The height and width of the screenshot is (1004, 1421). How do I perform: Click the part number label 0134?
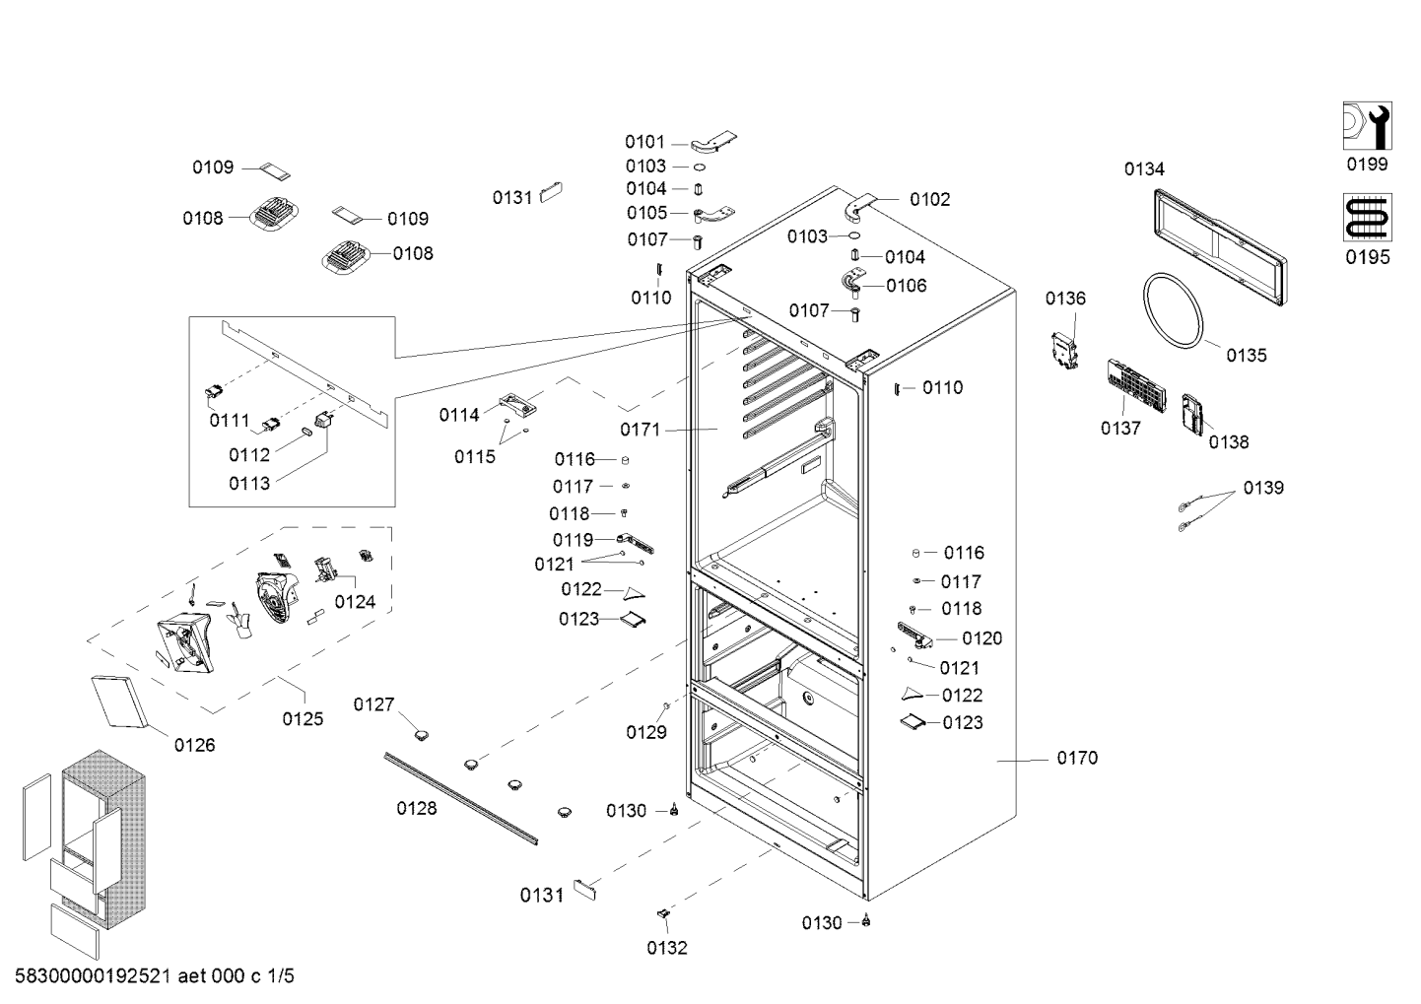[1144, 169]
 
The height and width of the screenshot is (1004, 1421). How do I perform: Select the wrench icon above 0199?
[1367, 125]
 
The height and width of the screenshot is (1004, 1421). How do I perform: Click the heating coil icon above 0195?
[1367, 218]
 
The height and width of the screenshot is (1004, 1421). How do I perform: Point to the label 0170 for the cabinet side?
[1077, 758]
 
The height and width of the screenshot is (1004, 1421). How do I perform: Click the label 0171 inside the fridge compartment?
[641, 430]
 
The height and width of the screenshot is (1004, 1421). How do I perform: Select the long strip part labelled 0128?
[461, 799]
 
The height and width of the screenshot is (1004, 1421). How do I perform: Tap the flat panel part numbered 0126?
[120, 702]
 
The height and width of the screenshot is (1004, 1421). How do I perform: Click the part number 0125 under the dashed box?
[303, 719]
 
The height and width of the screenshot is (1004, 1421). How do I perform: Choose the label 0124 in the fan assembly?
[355, 602]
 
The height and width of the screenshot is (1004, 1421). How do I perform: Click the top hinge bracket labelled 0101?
[713, 142]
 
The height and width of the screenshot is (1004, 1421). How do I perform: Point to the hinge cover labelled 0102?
[859, 208]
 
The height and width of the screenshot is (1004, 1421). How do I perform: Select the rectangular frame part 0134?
[1220, 247]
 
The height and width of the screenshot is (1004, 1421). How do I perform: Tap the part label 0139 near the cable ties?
[1263, 488]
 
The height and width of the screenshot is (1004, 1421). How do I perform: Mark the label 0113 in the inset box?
[249, 484]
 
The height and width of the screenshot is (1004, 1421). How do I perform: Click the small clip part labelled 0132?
[663, 913]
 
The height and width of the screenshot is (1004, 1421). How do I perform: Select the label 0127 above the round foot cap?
[373, 704]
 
